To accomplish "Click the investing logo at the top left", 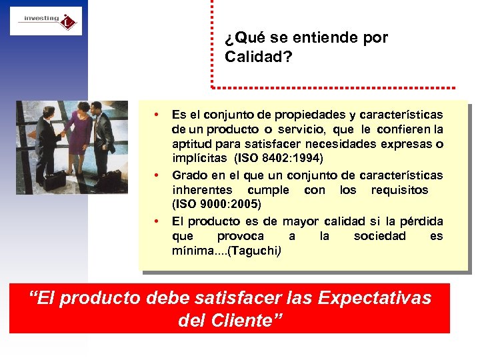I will coord(45,21).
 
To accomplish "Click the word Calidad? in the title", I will coord(258,57).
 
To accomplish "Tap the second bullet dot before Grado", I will coord(155,175).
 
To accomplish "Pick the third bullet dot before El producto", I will coord(155,221).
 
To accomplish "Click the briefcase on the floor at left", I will coord(55,179).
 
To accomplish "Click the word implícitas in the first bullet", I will coord(199,158).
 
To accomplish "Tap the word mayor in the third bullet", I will coord(301,221).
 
